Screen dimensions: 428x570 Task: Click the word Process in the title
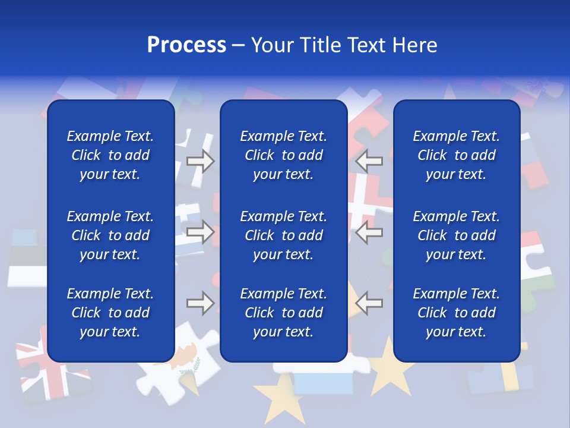(186, 45)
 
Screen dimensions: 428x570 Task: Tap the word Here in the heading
(414, 45)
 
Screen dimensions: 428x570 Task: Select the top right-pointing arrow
(201, 161)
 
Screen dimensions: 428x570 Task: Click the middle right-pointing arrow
(201, 232)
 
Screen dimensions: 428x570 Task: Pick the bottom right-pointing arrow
(201, 303)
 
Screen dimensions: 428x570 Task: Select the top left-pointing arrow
(369, 161)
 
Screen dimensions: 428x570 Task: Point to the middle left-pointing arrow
(369, 232)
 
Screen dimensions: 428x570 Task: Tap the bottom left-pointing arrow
(369, 303)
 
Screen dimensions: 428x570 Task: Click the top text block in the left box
(110, 155)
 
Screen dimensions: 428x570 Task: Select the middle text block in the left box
(110, 235)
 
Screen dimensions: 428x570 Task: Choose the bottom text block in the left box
(110, 313)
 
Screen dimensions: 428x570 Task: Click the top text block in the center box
(284, 155)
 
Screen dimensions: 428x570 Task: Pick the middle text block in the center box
(284, 235)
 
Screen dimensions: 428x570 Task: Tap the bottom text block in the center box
(284, 313)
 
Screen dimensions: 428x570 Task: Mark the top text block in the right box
(457, 155)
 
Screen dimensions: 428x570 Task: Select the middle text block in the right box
(457, 235)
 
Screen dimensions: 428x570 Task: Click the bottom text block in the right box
(457, 313)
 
